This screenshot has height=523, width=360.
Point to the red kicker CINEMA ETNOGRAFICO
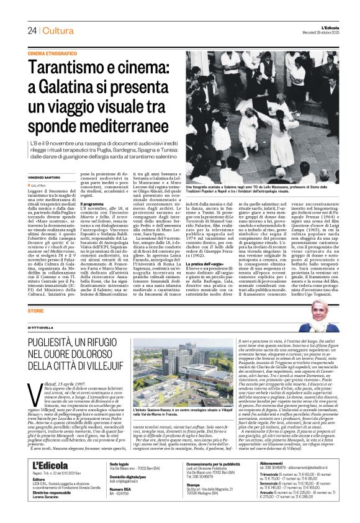pos(52,54)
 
